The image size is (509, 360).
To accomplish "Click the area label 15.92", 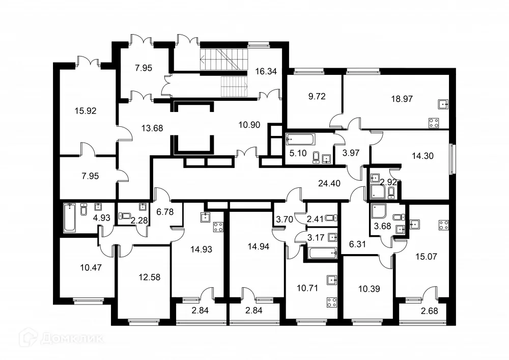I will [85, 110].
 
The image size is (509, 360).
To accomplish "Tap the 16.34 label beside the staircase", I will [266, 71].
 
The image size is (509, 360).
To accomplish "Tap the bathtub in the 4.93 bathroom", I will [69, 217].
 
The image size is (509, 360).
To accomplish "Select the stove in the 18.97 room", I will [434, 123].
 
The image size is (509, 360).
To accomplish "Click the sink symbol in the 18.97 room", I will [443, 104].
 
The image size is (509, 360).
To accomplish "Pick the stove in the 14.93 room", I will [218, 227].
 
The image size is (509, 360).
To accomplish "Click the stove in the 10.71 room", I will [332, 301].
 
